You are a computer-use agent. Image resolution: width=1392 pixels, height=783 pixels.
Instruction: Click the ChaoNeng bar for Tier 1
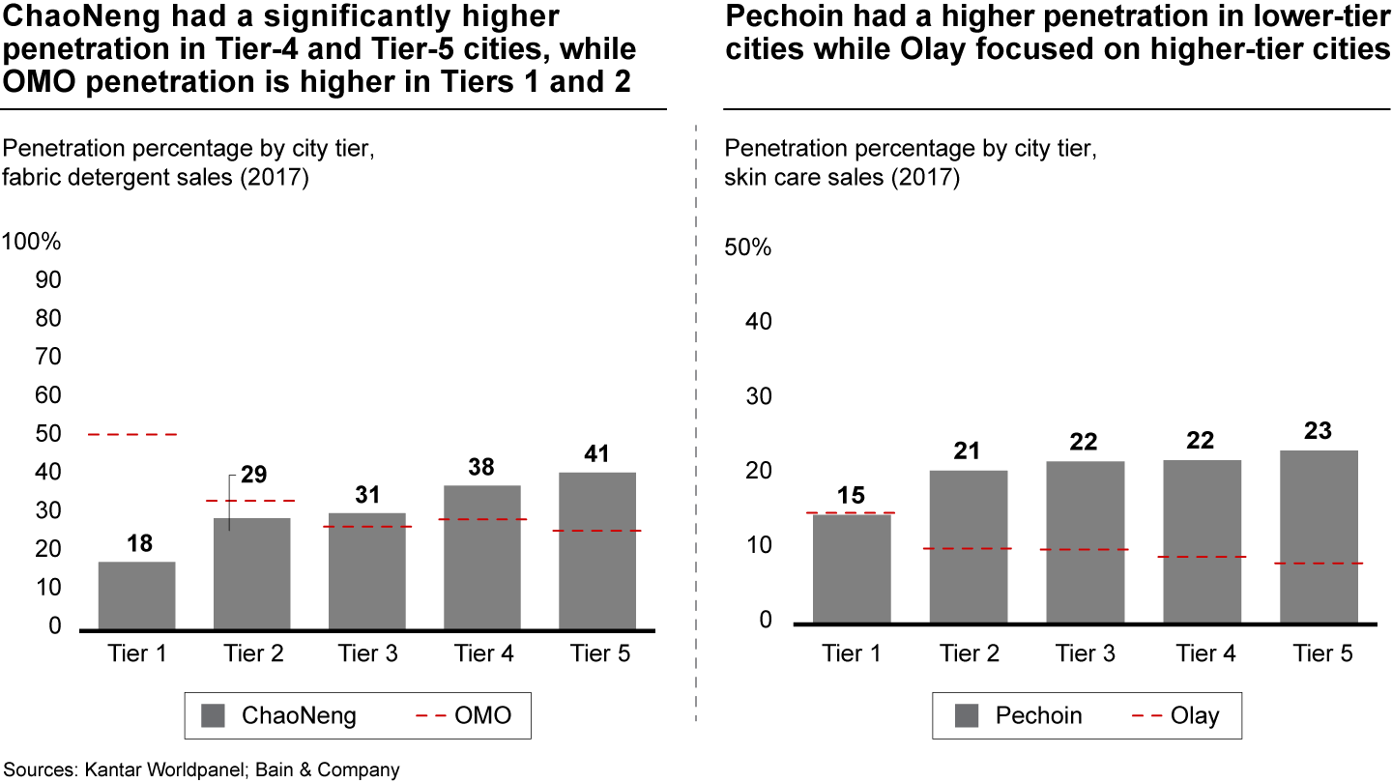click(x=136, y=595)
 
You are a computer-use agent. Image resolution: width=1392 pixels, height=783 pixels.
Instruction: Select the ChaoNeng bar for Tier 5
click(x=597, y=551)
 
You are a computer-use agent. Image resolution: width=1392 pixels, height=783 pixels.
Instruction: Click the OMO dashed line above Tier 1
click(x=138, y=435)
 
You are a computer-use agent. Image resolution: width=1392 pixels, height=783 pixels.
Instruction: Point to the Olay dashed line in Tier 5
click(x=1320, y=564)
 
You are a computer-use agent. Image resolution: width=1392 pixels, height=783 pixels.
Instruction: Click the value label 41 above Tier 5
click(x=597, y=453)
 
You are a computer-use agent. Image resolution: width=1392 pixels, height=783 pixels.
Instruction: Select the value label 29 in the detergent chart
click(x=254, y=476)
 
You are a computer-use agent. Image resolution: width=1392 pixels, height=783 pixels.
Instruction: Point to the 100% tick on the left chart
click(x=32, y=242)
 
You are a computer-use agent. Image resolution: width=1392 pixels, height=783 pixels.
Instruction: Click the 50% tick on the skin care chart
click(x=747, y=247)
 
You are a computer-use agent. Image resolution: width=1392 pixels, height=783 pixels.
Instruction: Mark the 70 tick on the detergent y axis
click(x=47, y=357)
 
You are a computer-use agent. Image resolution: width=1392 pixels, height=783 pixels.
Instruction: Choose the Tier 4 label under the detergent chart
click(x=484, y=654)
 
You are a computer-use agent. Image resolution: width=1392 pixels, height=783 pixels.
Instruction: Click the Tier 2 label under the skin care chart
click(x=970, y=654)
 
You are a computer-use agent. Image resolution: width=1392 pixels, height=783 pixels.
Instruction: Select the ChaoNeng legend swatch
click(x=213, y=716)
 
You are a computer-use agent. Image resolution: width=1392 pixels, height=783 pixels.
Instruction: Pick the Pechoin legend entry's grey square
click(x=967, y=716)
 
